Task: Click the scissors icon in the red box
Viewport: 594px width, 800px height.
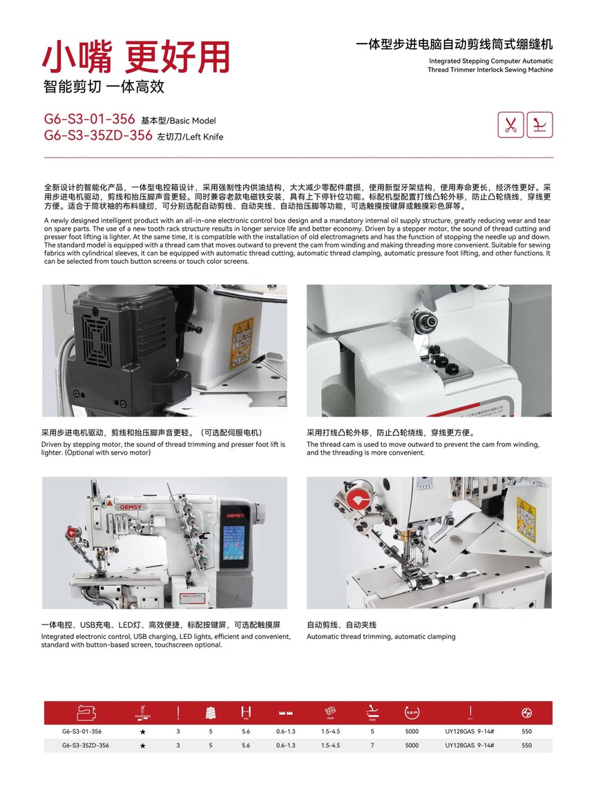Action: point(510,125)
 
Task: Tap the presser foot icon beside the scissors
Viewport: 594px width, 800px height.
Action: point(539,125)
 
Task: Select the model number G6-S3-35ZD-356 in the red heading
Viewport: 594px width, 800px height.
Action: point(98,135)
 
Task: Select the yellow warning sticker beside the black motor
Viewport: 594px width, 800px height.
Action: point(242,343)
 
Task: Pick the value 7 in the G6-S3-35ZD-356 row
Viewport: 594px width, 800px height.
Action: point(372,745)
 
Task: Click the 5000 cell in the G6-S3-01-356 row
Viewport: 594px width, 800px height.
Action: point(412,731)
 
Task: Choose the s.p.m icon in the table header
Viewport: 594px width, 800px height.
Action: point(412,712)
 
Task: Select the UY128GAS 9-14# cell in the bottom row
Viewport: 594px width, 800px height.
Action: point(469,745)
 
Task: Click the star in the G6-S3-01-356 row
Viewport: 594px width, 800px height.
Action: point(142,731)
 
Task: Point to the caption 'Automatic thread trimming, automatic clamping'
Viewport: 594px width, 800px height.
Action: point(381,636)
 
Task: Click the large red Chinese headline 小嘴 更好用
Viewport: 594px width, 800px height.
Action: point(136,57)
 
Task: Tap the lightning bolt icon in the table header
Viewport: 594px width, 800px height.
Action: point(527,712)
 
